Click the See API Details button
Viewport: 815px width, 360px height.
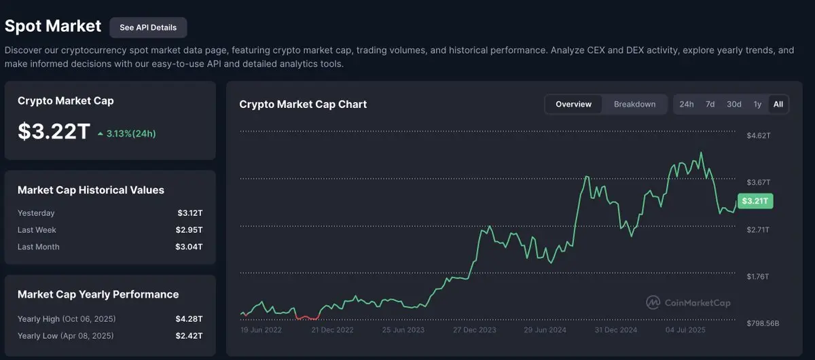click(148, 27)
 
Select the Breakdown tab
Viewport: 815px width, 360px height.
click(634, 104)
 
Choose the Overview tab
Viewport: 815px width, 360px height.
click(573, 104)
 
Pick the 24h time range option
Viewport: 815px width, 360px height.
click(687, 104)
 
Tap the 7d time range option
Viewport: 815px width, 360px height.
click(710, 104)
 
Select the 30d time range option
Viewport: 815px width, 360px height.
click(733, 104)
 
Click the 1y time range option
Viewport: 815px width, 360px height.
click(757, 104)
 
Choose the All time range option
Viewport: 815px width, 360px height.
click(778, 104)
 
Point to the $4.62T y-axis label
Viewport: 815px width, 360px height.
click(759, 135)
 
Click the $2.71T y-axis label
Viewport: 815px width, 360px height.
click(759, 230)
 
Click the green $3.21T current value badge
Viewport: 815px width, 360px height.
click(755, 201)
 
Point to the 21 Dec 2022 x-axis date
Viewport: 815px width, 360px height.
click(333, 329)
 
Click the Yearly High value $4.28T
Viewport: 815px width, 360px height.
click(189, 319)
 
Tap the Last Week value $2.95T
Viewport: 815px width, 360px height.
click(189, 230)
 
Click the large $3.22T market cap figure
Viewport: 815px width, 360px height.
click(54, 132)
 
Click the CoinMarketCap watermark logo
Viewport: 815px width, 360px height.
click(687, 302)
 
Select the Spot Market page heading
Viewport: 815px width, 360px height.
click(53, 26)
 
